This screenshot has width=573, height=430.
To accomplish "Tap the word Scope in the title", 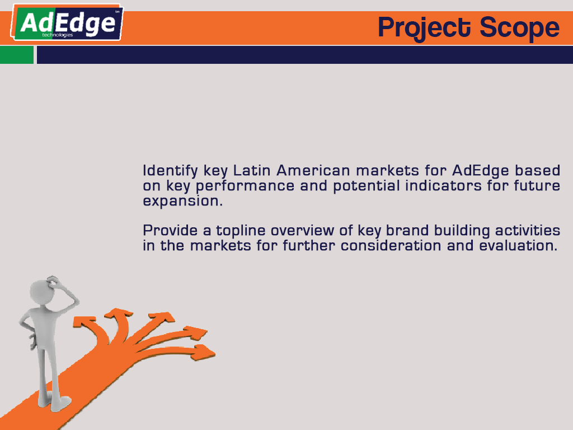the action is click(519, 28).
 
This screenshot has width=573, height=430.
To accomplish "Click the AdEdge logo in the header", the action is click(67, 22).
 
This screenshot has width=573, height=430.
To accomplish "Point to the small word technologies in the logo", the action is click(58, 35).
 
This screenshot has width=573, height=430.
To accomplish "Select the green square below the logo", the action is click(17, 55).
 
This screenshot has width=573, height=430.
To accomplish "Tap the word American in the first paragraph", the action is click(313, 170).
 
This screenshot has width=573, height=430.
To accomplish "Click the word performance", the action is click(245, 186).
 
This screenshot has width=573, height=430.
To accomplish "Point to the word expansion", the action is click(183, 202).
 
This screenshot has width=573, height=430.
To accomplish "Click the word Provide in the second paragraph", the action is click(170, 230).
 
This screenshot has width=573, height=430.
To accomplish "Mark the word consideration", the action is click(391, 245).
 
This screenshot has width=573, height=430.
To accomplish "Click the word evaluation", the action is click(518, 245).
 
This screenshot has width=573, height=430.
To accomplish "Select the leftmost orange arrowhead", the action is click(83, 322).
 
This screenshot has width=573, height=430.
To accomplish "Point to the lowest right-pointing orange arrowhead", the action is click(203, 352).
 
